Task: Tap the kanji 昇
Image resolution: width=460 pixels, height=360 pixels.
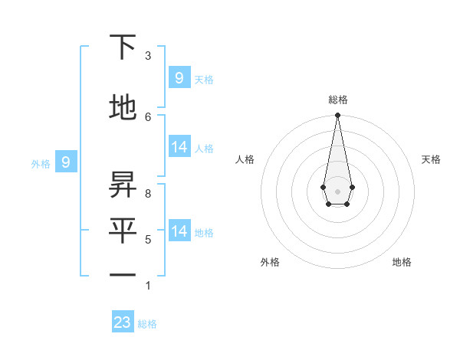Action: tap(123, 185)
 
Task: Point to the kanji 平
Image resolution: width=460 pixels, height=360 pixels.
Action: tap(123, 231)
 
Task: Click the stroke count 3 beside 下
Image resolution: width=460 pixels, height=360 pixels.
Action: tap(147, 56)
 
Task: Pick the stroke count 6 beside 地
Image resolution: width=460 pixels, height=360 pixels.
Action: tap(147, 116)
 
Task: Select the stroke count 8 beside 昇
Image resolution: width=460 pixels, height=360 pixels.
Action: tap(147, 194)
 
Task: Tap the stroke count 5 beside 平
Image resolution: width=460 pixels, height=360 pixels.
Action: tap(147, 240)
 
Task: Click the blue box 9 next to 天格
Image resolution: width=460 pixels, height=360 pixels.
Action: tap(179, 77)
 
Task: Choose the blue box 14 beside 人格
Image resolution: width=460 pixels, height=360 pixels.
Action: tap(179, 147)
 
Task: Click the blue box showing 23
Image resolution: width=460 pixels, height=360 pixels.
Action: tap(123, 322)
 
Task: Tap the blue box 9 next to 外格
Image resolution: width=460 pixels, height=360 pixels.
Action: tap(66, 162)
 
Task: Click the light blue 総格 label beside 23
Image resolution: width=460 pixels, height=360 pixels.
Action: tap(147, 324)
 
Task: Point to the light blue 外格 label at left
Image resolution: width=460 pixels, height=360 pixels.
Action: tap(41, 163)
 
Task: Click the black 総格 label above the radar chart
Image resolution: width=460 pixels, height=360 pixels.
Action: tap(337, 100)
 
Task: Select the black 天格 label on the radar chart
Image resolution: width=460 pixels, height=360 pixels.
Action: tap(431, 159)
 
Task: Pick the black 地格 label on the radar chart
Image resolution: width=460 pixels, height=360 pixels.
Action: tap(402, 262)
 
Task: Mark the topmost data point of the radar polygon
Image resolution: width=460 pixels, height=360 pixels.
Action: tap(337, 116)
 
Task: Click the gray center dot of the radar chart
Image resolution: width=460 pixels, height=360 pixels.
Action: tap(337, 190)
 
